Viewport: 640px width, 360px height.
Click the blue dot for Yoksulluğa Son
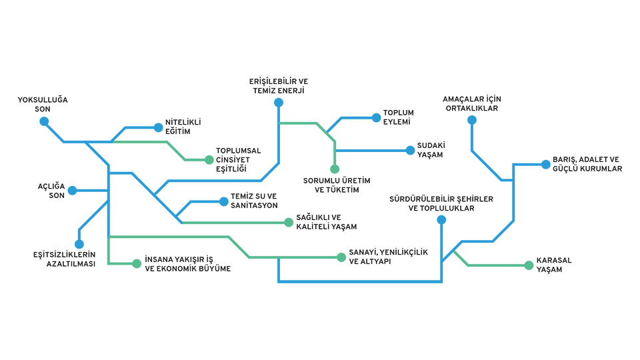44,121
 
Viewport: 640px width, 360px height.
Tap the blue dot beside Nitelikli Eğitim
158,127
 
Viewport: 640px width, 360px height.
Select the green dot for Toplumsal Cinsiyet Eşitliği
209,160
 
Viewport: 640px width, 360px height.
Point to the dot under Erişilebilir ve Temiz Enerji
278,103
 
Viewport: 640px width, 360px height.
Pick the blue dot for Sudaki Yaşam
410,151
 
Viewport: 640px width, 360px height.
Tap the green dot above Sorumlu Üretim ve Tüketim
335,169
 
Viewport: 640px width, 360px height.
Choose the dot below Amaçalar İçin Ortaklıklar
472,120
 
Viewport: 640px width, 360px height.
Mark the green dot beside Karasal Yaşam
529,265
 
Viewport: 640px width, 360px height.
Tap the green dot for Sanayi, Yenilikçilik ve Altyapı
342,257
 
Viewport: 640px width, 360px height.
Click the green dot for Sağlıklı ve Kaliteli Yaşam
289,222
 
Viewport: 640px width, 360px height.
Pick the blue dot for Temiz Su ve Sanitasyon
223,201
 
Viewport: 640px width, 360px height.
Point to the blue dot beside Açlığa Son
72,191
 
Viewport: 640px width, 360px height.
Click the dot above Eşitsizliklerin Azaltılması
79,244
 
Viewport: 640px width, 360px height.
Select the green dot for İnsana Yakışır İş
137,264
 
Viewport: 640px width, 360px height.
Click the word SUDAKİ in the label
431,145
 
